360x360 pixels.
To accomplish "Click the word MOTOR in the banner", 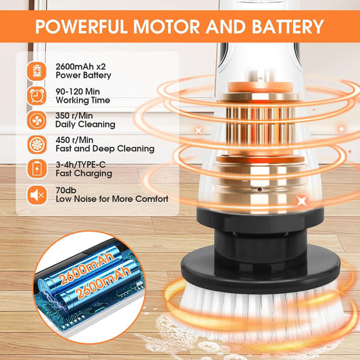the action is (167, 26).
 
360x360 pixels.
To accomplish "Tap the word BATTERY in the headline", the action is (288, 26).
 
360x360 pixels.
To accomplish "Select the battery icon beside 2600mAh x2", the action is (36, 71).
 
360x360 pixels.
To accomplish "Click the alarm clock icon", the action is (36, 96).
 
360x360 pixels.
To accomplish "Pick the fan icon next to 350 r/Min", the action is (36, 120).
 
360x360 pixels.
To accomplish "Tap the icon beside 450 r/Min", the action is (36, 145).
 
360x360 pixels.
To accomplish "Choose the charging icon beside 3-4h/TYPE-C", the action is (36, 169).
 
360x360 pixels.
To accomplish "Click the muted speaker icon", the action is (36, 195).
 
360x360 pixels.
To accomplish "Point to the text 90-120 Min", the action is (78, 92).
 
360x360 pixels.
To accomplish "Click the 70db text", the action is (66, 190).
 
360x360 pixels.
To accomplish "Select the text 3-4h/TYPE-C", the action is (80, 164).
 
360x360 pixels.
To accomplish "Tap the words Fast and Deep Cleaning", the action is (105, 149).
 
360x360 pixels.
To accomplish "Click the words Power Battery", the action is (83, 75).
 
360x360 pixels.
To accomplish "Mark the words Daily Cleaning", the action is (85, 124).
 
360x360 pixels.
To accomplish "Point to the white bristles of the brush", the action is (262, 312).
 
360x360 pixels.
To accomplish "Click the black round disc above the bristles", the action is (261, 269).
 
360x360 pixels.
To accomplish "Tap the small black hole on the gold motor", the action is (259, 189).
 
